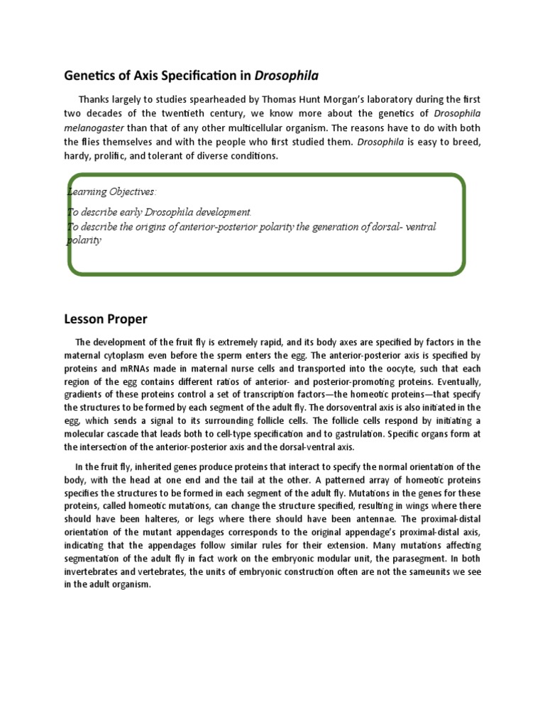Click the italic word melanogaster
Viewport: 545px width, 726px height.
click(96, 128)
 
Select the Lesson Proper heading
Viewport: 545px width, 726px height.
click(106, 320)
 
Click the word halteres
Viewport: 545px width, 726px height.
click(139, 520)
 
